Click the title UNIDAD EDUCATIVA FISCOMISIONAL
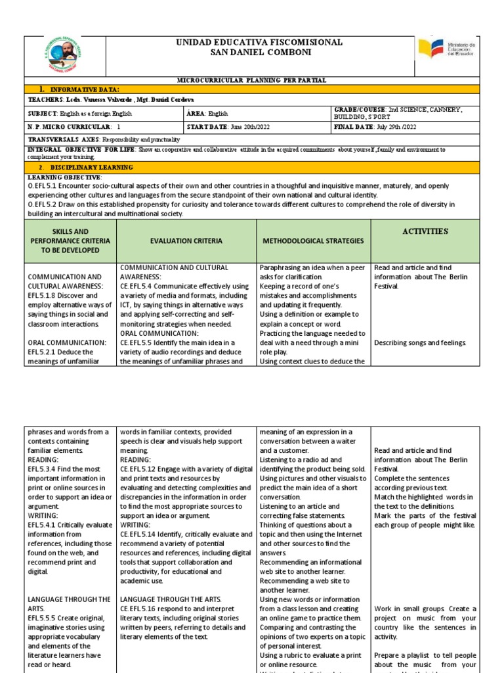pos(259,42)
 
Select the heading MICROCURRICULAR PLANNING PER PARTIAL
pos(252,80)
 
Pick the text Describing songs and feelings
pos(420,342)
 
